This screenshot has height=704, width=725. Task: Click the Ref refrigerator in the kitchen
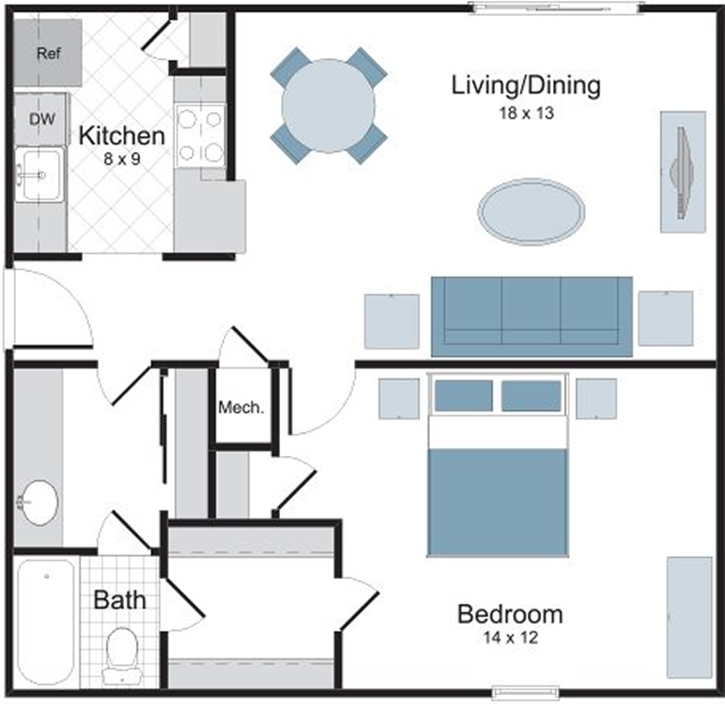point(48,53)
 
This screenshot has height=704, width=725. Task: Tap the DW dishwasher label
point(42,119)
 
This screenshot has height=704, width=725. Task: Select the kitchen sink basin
point(40,174)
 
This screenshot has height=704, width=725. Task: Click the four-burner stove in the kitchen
point(200,136)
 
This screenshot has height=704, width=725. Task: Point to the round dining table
point(329,106)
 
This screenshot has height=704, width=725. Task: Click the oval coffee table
point(531,211)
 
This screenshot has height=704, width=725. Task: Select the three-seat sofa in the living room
point(532,317)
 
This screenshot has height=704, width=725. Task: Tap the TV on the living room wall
point(683,172)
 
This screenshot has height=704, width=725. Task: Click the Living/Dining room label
point(526,86)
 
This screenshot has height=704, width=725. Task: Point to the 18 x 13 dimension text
point(526,114)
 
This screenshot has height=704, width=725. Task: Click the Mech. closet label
point(241,407)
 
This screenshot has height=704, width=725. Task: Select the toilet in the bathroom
point(122,655)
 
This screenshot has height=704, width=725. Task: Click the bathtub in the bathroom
point(46,622)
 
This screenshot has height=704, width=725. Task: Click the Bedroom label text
point(510,614)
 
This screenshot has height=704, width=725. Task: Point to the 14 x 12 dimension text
point(511,638)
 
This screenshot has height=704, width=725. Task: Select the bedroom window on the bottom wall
point(525,692)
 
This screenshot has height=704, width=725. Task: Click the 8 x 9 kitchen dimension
point(122,159)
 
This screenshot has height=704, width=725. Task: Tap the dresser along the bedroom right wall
point(689,618)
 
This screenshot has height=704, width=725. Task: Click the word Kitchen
point(122,136)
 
